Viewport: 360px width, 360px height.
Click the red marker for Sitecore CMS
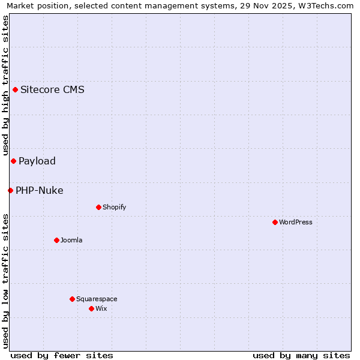tap(15, 90)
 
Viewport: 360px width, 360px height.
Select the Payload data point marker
tap(13, 161)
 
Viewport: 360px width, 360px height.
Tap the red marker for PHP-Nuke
tap(10, 190)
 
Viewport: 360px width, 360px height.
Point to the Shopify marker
tap(98, 207)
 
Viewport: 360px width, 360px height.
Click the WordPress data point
tap(275, 222)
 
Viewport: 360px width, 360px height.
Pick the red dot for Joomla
tap(56, 240)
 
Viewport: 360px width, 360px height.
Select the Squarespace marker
tap(72, 299)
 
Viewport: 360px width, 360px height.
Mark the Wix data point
tap(91, 308)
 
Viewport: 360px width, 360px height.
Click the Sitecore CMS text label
tap(52, 90)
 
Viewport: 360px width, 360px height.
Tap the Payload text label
tap(37, 161)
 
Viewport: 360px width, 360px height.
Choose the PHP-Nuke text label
tap(40, 190)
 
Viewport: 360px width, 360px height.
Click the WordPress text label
tap(296, 222)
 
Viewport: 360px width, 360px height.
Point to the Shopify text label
tap(115, 207)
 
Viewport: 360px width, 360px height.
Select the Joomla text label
tap(71, 240)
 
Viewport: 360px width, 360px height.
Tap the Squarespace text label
tap(97, 299)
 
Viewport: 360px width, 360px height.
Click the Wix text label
tap(101, 308)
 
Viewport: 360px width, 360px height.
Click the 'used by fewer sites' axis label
tap(62, 355)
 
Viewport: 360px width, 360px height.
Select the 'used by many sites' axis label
tap(301, 355)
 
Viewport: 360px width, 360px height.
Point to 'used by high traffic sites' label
tap(6, 86)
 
